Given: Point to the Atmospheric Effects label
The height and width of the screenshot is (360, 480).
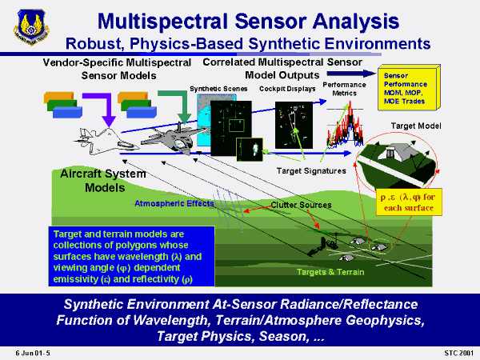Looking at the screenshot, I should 174,203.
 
